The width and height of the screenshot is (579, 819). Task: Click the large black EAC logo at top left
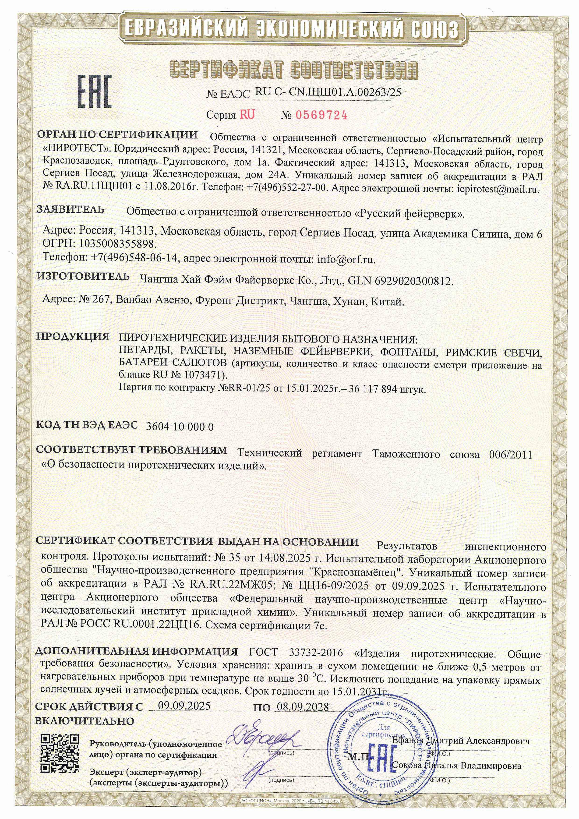(95, 92)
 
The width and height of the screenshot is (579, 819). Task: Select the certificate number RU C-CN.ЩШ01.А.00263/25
(328, 92)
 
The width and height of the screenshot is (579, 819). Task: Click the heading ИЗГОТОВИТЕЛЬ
(83, 276)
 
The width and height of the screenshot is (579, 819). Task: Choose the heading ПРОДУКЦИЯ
(73, 336)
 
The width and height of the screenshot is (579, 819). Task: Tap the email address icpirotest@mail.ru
(498, 189)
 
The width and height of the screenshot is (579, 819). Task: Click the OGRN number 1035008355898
(118, 244)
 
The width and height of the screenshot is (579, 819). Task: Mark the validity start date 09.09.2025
(184, 706)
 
